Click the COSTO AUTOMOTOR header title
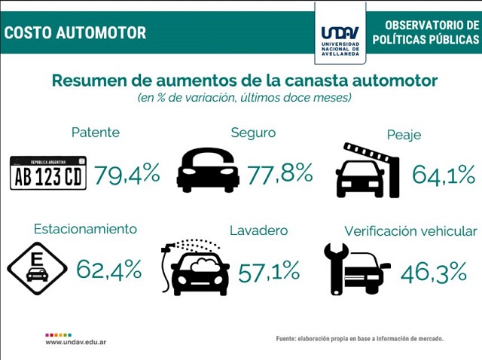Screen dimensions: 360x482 click(75, 33)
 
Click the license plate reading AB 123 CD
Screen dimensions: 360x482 click(48, 173)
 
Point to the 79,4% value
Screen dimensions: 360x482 click(127, 175)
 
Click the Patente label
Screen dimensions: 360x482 click(96, 133)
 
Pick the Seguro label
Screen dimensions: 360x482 click(253, 133)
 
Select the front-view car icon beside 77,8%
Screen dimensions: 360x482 click(208, 170)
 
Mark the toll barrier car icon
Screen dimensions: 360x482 click(367, 171)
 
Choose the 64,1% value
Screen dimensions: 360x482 click(444, 175)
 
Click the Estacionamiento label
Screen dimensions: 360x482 click(85, 229)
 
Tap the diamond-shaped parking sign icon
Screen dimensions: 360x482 click(37, 269)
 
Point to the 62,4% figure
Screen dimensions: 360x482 click(108, 269)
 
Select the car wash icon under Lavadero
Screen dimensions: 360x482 click(196, 268)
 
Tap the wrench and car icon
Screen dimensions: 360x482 click(356, 269)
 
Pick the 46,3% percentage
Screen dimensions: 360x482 click(433, 272)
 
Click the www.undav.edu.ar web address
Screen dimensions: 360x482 click(75, 342)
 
